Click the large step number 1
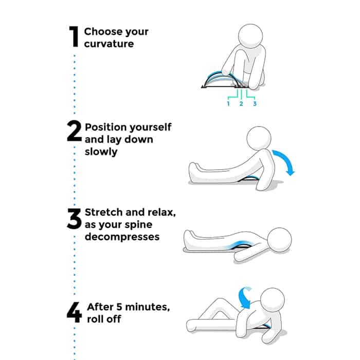click(74, 37)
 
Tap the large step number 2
click(74, 131)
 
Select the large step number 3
click(74, 219)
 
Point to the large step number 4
click(74, 312)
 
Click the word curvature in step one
click(109, 44)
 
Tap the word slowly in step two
click(101, 152)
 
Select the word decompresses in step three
click(122, 237)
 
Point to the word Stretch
click(103, 212)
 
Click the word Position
click(103, 127)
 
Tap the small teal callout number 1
click(228, 103)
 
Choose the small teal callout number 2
click(241, 103)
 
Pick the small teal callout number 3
click(255, 103)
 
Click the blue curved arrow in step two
click(287, 160)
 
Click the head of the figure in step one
click(250, 37)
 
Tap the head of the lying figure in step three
click(280, 240)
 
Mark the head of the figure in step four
click(273, 300)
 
